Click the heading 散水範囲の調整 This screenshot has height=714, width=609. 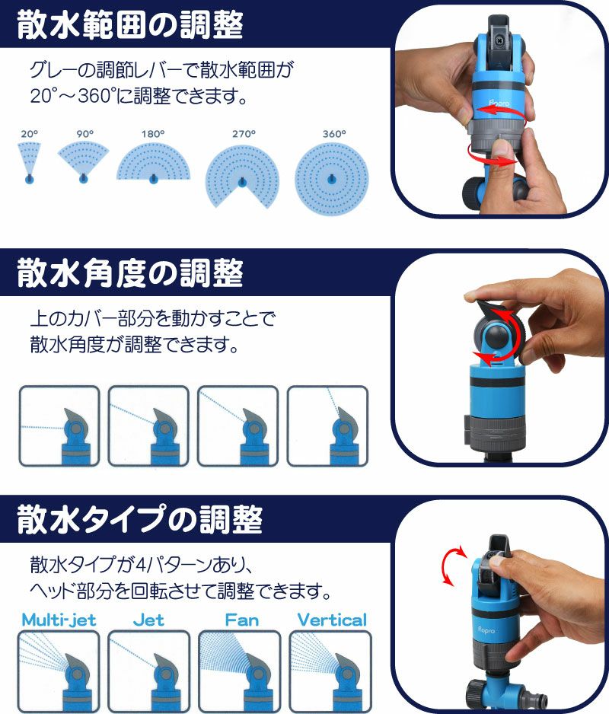coord(130,25)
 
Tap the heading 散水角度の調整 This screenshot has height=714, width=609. coord(130,273)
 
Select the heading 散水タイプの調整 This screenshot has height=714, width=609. coord(140,520)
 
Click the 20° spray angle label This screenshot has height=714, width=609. coord(29,134)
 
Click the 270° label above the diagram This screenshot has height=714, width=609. coord(244,134)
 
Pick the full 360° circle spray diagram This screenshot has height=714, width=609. coord(332,178)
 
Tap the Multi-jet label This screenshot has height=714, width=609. coord(59,620)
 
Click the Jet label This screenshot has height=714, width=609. coord(148,620)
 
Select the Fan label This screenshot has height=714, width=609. coord(241,620)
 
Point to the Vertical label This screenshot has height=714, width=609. coord(332,620)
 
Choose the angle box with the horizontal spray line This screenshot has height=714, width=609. coord(59,426)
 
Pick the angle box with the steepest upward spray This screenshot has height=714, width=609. coord(327,426)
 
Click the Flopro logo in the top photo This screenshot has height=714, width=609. coord(499,104)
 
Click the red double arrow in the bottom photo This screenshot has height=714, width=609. coord(452,566)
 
